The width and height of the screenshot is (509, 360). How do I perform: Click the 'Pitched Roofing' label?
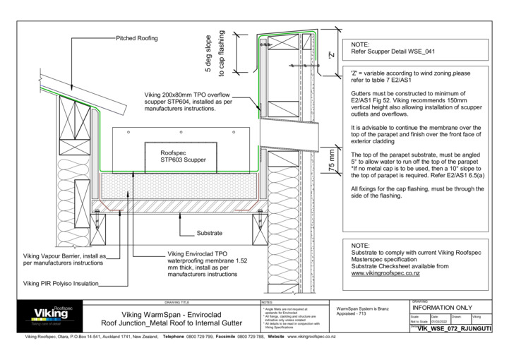pos(136,37)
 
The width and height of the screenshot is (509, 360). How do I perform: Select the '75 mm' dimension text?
pos(333,160)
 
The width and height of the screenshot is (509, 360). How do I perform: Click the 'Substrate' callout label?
pos(210,233)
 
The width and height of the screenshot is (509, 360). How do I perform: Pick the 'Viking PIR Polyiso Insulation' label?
pos(61,284)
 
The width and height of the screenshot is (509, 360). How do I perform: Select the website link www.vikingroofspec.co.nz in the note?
pos(386,272)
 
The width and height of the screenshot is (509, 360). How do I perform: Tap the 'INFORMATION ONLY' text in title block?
pos(442,308)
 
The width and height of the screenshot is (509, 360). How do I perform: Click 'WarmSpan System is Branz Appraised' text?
pos(364,311)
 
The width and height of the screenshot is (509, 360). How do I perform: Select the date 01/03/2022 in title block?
pos(440,321)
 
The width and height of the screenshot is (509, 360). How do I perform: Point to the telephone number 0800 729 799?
pos(196,337)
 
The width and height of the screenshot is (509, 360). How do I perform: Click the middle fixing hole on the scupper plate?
pos(181,132)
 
